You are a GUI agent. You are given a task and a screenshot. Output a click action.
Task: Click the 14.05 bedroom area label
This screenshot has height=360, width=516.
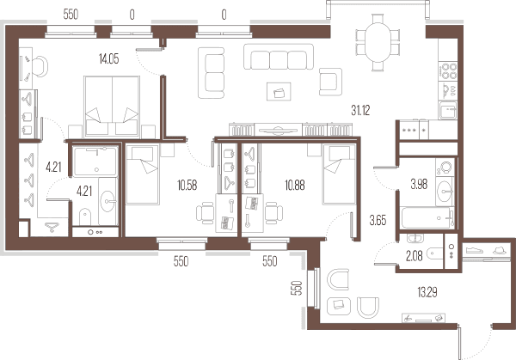point(108,59)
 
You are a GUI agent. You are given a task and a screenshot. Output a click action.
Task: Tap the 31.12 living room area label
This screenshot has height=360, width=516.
point(360,111)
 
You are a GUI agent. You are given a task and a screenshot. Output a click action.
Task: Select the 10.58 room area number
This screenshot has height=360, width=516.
point(187,186)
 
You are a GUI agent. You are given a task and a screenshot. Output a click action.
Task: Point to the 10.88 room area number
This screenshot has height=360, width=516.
point(295,186)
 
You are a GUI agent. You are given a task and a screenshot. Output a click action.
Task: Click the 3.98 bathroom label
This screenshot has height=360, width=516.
point(419,185)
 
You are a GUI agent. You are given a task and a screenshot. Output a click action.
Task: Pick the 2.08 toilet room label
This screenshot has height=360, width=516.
point(414,256)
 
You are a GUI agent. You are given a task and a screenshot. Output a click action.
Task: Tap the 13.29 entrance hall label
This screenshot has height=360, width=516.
point(427,292)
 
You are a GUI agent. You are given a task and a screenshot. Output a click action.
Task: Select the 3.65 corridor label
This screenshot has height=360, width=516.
point(378,221)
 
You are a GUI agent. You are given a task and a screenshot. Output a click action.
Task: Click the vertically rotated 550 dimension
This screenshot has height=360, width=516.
point(297,288)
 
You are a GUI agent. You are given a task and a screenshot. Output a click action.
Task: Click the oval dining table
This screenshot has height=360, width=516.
point(378,42)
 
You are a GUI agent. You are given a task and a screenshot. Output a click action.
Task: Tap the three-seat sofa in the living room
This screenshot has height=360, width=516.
point(279,57)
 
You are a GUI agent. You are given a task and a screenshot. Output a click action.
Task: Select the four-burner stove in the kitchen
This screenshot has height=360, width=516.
point(447,71)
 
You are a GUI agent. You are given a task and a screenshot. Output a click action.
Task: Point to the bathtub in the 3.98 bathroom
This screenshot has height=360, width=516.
point(427,217)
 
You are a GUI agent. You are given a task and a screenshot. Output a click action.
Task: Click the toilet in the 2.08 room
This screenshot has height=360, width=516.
point(434,253)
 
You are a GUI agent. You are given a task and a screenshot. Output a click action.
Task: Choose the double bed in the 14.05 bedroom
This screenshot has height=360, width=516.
point(112,107)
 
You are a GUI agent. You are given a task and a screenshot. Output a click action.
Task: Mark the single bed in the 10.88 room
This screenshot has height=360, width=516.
point(340,174)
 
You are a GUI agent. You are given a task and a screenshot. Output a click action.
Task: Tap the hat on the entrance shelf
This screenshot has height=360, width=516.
point(500,250)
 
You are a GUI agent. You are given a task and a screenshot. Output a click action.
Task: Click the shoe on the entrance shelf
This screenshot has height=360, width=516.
point(475,250)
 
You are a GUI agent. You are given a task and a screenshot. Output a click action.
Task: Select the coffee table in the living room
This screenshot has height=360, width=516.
point(279,91)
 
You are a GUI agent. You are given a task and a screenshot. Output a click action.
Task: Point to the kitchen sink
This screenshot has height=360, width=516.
point(447,110)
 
